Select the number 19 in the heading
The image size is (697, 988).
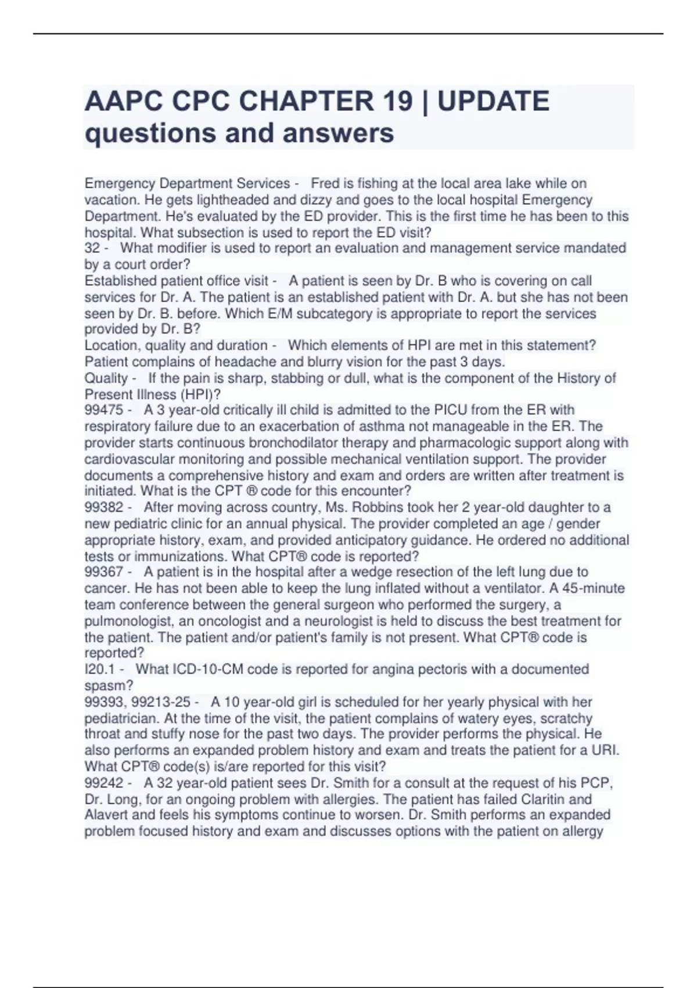click(x=398, y=101)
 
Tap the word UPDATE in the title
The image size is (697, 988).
click(x=493, y=101)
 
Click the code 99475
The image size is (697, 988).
click(x=104, y=410)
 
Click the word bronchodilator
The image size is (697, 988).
click(x=291, y=443)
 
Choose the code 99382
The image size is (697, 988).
click(x=104, y=508)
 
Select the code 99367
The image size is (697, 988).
click(x=104, y=572)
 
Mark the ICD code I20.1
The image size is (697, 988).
click(x=99, y=670)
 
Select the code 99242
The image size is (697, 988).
click(x=104, y=783)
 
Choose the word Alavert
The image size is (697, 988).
click(x=106, y=815)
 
